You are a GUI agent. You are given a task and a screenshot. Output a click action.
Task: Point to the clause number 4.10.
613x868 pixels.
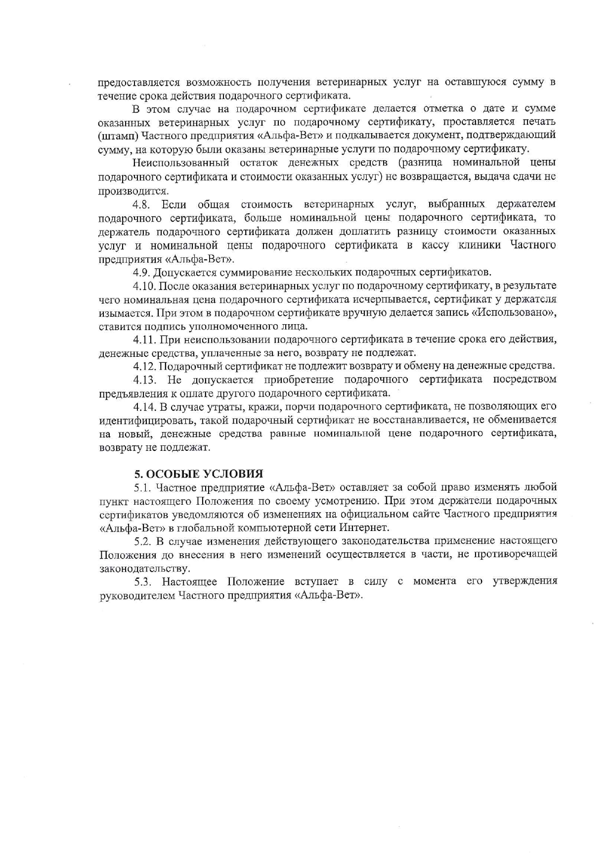coord(144,286)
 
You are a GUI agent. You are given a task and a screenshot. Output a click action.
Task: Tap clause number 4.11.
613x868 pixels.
coord(144,339)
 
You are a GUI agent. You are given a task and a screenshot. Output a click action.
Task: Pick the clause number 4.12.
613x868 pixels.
coord(144,366)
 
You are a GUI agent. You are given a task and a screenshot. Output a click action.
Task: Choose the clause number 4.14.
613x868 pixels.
coord(144,407)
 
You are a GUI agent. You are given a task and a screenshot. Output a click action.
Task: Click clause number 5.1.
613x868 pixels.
coord(142,487)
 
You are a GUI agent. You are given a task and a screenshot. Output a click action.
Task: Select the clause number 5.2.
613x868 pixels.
coord(142,540)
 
